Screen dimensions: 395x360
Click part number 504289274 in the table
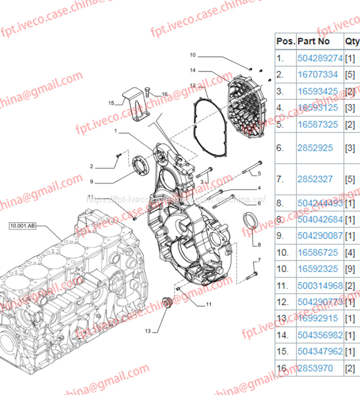[320, 58]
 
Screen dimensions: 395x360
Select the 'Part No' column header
[314, 41]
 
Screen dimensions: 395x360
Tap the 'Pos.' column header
[286, 41]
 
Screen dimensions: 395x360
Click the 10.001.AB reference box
[22, 226]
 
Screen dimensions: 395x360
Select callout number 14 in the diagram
[192, 70]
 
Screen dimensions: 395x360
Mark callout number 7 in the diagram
[259, 260]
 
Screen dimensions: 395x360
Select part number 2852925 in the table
[315, 148]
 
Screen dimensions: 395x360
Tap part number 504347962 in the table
[320, 352]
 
